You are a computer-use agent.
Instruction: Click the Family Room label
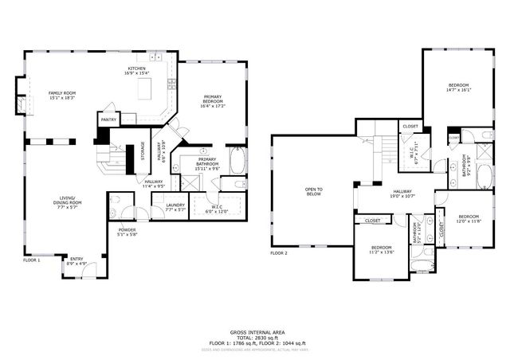click(61, 93)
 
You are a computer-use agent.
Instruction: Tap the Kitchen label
click(137, 69)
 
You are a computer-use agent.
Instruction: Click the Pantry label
click(108, 120)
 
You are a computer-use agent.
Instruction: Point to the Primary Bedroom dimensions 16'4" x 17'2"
click(213, 105)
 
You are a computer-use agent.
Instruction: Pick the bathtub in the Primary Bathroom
click(237, 162)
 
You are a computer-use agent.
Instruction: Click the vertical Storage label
click(143, 151)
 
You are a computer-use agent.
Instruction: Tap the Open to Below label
click(314, 191)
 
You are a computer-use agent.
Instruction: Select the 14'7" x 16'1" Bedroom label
click(459, 88)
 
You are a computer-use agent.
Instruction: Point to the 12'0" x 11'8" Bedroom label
click(469, 219)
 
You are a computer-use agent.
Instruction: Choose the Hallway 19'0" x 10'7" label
click(402, 194)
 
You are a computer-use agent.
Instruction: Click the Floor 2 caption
click(278, 253)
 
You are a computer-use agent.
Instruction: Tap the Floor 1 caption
click(31, 260)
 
